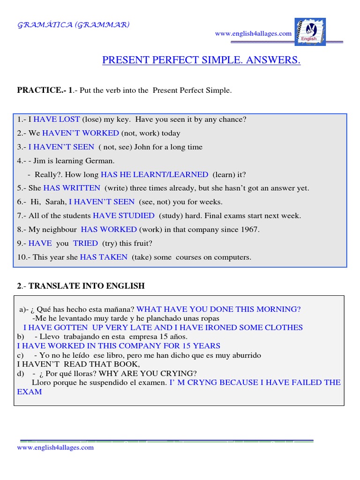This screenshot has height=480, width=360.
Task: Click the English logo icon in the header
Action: [x=310, y=32]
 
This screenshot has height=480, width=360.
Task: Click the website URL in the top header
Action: [x=253, y=34]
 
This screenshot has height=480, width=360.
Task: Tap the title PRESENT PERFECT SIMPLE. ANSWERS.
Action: [x=201, y=60]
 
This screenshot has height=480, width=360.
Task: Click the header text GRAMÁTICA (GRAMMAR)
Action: [x=74, y=24]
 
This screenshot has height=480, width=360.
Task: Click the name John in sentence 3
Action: [x=143, y=147]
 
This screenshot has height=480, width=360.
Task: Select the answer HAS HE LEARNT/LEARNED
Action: [x=155, y=174]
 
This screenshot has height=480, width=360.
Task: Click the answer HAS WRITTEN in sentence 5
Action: [x=72, y=188]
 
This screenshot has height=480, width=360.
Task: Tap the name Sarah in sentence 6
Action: [x=56, y=202]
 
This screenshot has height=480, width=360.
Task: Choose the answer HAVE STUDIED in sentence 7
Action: [x=124, y=216]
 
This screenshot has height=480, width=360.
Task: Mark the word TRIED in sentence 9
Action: [x=85, y=243]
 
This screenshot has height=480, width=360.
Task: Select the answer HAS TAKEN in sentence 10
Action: [x=104, y=257]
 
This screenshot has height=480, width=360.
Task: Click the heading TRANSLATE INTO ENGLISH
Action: [x=87, y=286]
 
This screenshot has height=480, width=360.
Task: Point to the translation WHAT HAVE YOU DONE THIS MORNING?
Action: [x=219, y=309]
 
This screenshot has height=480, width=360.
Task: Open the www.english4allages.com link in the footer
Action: [x=55, y=448]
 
